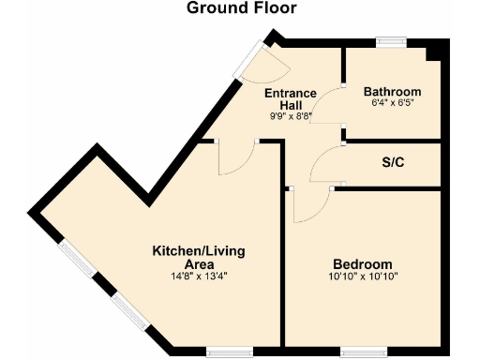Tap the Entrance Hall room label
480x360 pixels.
click(x=289, y=100)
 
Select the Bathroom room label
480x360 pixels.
click(x=392, y=92)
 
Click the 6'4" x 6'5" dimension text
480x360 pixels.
click(x=392, y=104)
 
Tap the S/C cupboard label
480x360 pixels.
click(x=393, y=163)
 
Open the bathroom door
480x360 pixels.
click(x=328, y=105)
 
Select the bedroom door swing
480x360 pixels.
click(x=309, y=204)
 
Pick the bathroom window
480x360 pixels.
click(x=390, y=40)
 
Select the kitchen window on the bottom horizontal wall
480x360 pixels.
click(x=228, y=352)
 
